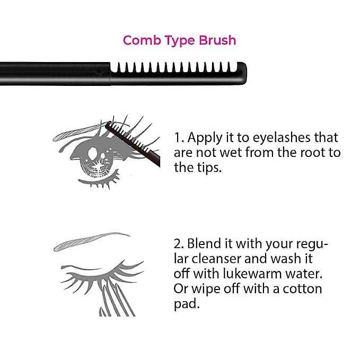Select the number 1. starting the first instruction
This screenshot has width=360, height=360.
[179, 138]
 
